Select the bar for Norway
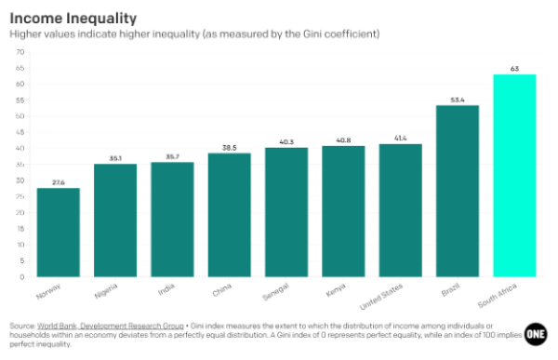[58, 232]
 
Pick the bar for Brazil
[458, 191]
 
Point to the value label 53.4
[458, 99]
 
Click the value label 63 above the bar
[514, 68]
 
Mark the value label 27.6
[58, 181]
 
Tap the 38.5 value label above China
[229, 147]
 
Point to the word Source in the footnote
[22, 327]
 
